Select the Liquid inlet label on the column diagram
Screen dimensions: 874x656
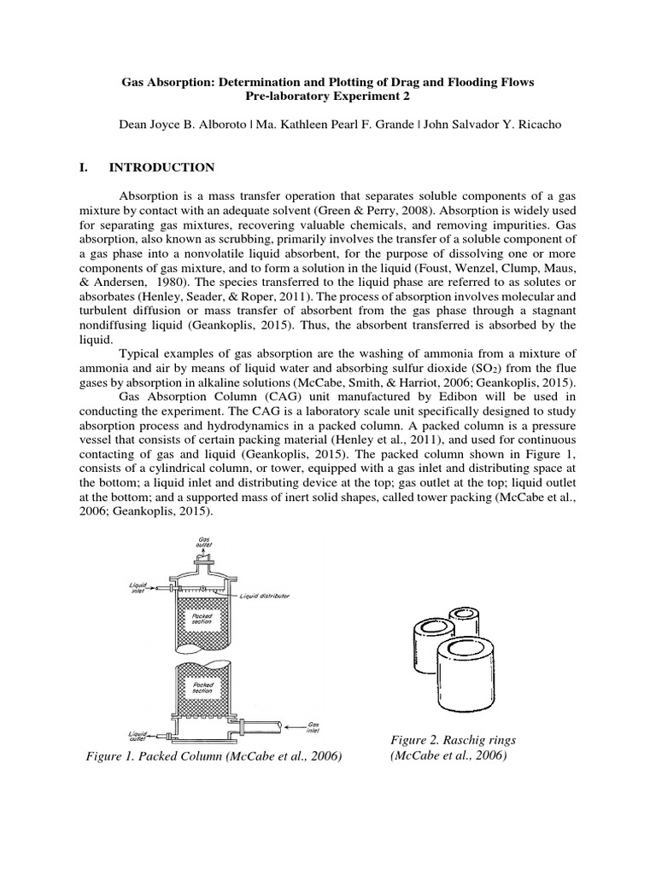point(138,588)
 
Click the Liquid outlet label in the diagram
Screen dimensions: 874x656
point(138,735)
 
